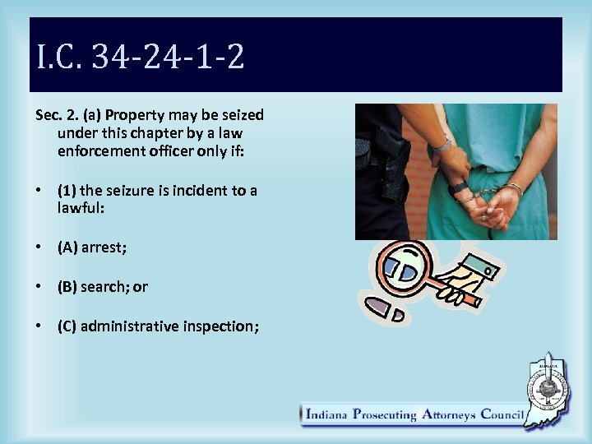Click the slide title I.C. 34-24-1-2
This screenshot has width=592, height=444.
click(141, 58)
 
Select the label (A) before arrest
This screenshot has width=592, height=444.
click(67, 247)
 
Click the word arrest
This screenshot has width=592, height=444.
click(104, 247)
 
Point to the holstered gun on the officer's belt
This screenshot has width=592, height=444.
click(392, 160)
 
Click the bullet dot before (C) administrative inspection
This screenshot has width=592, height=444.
click(39, 326)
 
